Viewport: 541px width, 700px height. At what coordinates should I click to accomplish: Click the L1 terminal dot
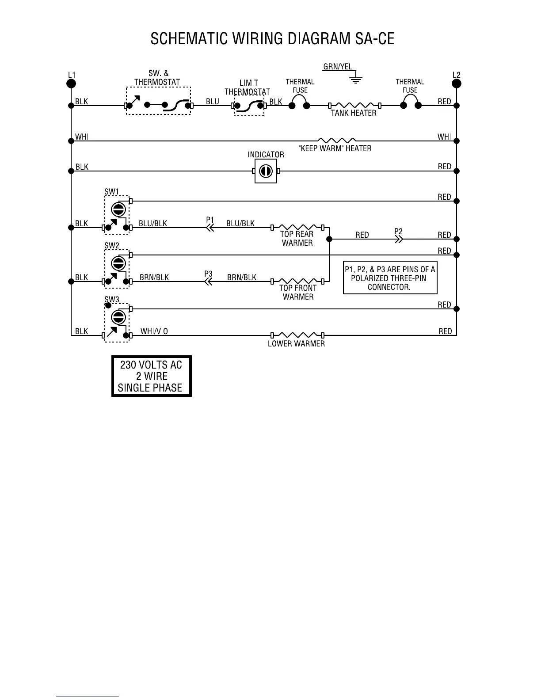click(71, 84)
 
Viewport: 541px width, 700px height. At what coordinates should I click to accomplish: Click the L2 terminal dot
click(457, 84)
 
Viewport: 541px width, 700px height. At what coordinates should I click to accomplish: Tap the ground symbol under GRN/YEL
click(355, 80)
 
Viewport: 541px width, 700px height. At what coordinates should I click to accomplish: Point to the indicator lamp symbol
click(266, 171)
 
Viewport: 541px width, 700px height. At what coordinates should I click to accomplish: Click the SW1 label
click(111, 191)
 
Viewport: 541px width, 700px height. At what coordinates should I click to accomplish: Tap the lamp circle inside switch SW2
click(117, 263)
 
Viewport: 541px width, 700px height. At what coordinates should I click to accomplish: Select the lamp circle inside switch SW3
click(117, 317)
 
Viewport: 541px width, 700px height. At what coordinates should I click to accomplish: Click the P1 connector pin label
click(210, 220)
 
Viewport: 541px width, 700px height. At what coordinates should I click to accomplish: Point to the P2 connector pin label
click(398, 231)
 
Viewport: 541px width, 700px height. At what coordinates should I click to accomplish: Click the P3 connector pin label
click(208, 274)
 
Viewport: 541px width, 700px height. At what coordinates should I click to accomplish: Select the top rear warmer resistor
click(297, 227)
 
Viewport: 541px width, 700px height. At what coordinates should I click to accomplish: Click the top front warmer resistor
click(297, 281)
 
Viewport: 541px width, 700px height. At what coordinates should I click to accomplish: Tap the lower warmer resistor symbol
click(297, 335)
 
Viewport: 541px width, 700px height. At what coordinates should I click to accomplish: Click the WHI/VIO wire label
click(154, 331)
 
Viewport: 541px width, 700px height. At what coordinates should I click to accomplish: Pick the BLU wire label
click(213, 101)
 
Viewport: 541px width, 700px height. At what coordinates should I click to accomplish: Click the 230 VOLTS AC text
click(151, 365)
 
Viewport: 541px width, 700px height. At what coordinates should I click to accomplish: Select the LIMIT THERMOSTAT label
click(248, 87)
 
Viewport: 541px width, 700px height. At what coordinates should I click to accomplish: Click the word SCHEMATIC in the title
click(185, 39)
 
